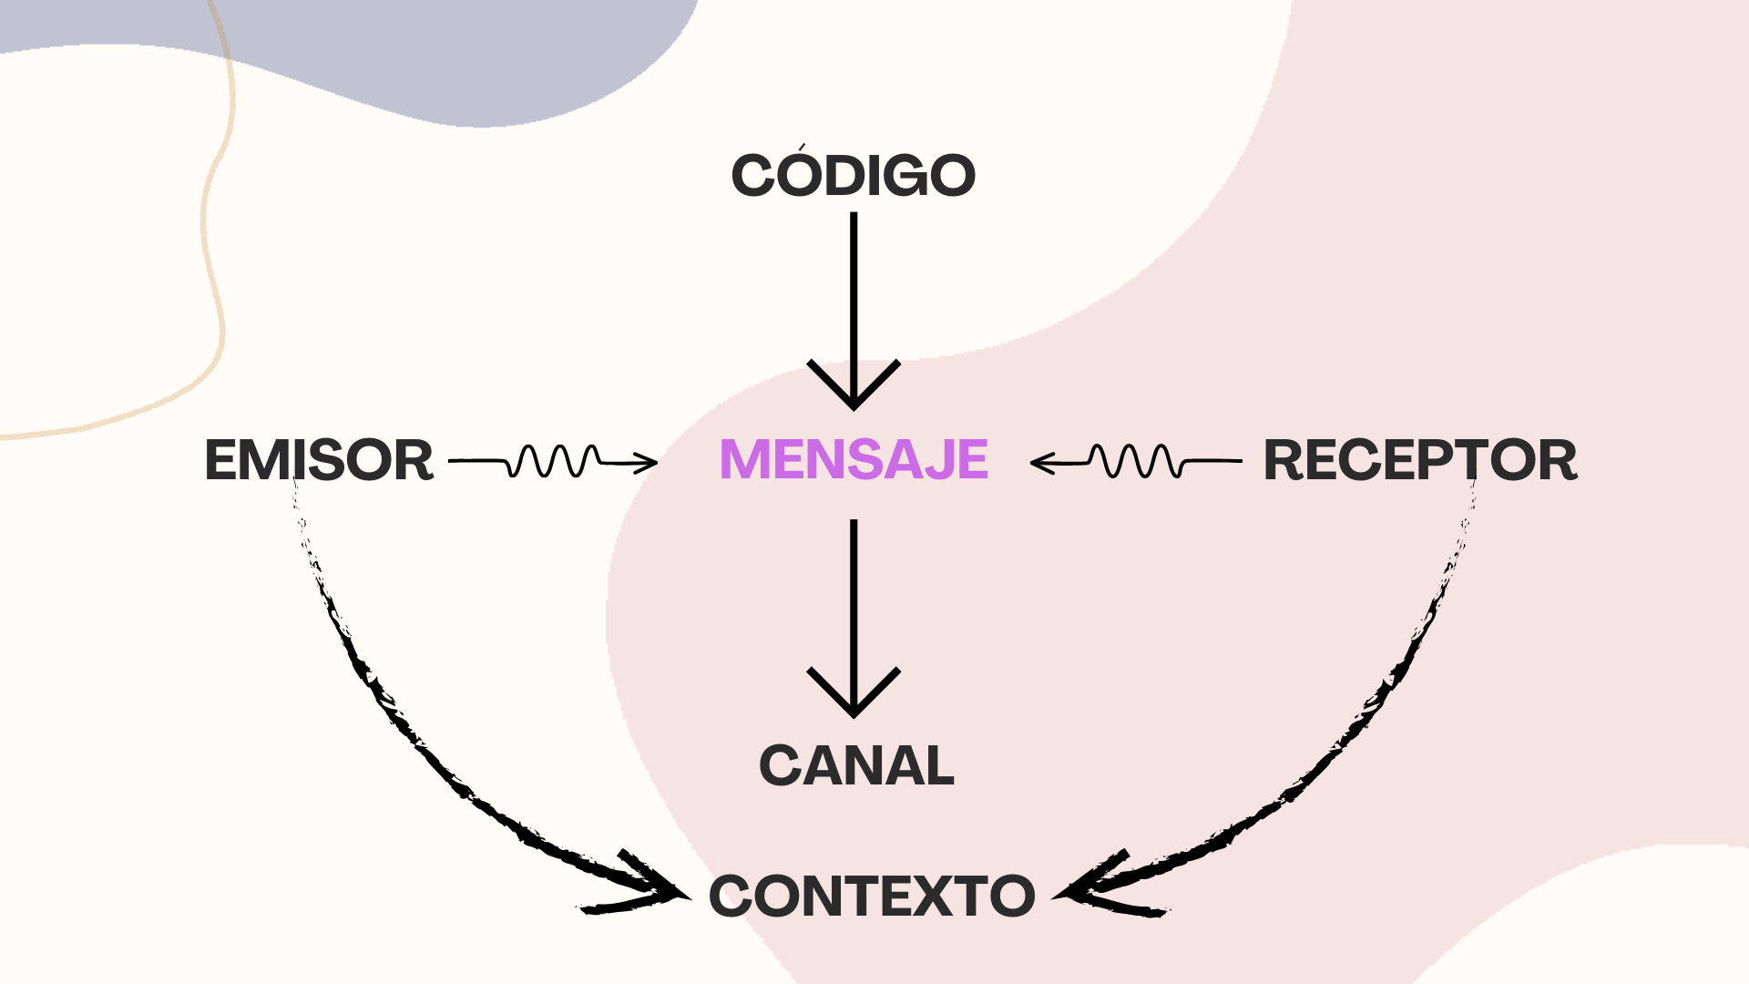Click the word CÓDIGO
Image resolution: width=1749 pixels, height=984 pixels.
click(854, 175)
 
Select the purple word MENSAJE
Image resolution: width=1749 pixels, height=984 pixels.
click(854, 459)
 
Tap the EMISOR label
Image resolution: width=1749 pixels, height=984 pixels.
click(319, 460)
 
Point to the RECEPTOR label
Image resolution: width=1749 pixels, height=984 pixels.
click(1420, 460)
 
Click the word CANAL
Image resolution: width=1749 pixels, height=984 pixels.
click(856, 765)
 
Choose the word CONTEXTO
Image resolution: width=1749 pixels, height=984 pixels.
click(872, 897)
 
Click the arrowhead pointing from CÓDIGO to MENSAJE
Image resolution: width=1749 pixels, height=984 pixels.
click(854, 392)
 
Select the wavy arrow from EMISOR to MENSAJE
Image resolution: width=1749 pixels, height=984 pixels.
click(553, 461)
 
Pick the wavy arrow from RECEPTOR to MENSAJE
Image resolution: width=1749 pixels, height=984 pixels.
click(1136, 461)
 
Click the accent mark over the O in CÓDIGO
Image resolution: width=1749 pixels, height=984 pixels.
click(802, 147)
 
